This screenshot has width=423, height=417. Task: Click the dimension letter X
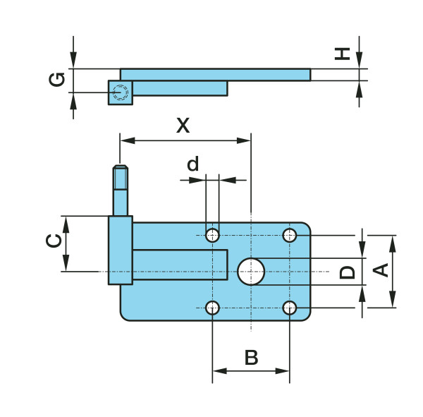[x=183, y=126]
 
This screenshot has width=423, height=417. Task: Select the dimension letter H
[x=343, y=53]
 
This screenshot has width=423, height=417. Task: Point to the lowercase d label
[x=193, y=164]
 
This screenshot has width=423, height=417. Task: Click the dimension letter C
[x=53, y=241]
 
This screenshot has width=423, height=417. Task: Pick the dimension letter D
[x=347, y=272]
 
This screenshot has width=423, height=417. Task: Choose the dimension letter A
[x=380, y=270]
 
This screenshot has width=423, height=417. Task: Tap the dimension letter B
[x=251, y=358]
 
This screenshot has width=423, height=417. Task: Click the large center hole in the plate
[x=251, y=271]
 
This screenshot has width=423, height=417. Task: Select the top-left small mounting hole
[x=212, y=234]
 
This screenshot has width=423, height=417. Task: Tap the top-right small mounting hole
[x=290, y=234]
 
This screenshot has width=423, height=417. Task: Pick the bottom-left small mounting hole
[x=212, y=308]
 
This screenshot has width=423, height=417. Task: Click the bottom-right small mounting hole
[x=290, y=308]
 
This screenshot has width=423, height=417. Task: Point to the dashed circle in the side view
[x=121, y=92]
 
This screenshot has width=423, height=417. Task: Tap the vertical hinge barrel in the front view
[x=121, y=250]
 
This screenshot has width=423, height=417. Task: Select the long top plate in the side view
[x=215, y=74]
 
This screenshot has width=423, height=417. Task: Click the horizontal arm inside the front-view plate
[x=180, y=265]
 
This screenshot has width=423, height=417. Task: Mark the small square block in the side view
[x=121, y=92]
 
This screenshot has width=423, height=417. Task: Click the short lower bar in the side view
[x=180, y=87]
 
